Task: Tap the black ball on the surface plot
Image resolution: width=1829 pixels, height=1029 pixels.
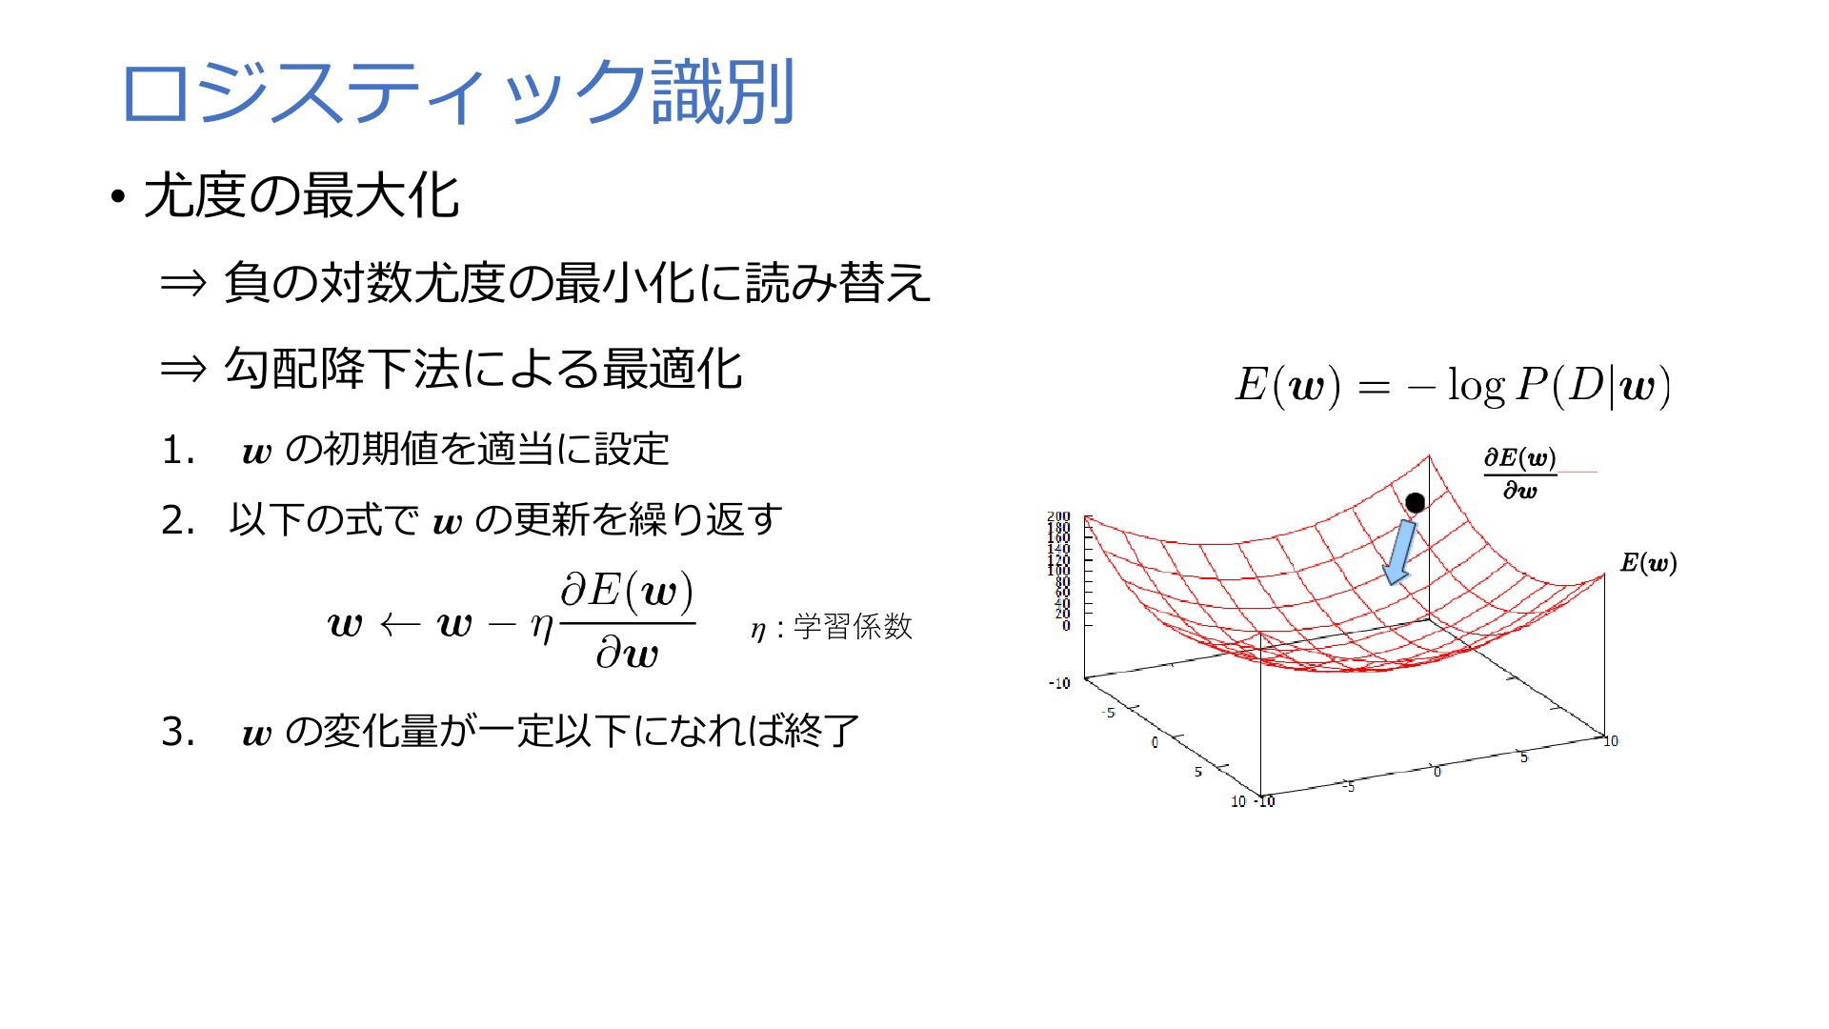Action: click(x=1416, y=502)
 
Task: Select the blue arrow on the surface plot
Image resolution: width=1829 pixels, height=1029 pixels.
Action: click(x=1400, y=552)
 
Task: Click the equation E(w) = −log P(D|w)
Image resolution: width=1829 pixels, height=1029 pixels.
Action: click(x=1453, y=386)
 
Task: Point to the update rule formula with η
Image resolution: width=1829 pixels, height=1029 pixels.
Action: click(x=511, y=620)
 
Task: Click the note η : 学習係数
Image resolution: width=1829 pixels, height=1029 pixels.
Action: click(x=831, y=627)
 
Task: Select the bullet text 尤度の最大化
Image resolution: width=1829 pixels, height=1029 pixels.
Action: click(x=302, y=196)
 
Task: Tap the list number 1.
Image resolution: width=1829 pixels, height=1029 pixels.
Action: click(x=178, y=450)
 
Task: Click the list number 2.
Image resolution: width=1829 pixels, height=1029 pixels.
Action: click(x=178, y=520)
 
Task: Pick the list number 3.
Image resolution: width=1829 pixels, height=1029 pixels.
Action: click(x=178, y=732)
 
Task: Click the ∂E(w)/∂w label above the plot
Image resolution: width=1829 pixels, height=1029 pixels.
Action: click(x=1520, y=474)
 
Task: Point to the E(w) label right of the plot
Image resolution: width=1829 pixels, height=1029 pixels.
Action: click(x=1649, y=563)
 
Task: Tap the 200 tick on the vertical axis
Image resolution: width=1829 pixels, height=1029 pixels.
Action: click(x=1058, y=516)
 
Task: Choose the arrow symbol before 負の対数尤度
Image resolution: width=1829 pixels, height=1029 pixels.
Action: click(x=183, y=283)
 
